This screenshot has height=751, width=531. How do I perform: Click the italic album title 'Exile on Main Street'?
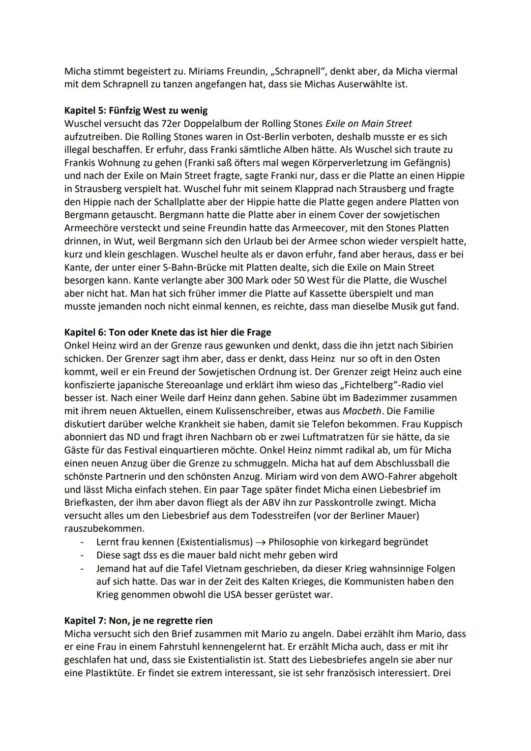(368, 123)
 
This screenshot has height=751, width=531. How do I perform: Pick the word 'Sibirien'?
(436, 346)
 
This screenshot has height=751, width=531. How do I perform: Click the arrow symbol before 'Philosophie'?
(261, 542)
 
